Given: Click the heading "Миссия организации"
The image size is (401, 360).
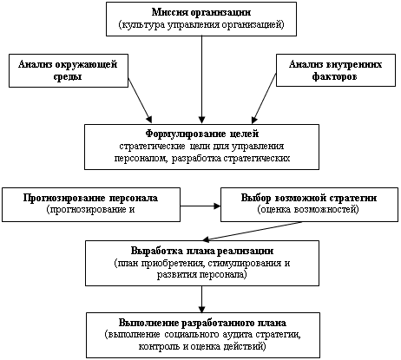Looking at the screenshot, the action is (201, 12).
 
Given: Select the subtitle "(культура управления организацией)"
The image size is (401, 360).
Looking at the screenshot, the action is (201, 24).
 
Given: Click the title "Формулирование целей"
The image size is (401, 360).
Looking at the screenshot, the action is (202, 134).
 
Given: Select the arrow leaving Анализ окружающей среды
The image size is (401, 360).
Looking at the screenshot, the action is (140, 101).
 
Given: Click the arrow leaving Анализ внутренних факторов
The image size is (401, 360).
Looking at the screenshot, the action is (264, 99).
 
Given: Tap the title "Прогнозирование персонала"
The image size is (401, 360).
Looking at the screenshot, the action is (90, 198).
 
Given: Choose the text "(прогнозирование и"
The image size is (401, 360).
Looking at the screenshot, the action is (90, 209).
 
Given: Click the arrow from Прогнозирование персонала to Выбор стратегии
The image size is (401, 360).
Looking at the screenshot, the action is (200, 206).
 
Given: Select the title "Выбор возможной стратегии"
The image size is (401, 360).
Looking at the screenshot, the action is (309, 198).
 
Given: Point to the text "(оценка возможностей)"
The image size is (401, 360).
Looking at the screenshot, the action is (308, 209).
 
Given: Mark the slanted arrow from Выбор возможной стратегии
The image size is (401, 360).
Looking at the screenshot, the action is (252, 231).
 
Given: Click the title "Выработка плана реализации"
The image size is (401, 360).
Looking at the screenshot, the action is (202, 251).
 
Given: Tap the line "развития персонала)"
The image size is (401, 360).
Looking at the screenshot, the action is (202, 274).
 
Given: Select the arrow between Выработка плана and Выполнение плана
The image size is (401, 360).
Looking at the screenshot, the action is (201, 299).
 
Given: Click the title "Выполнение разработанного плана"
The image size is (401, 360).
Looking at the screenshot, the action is (202, 323).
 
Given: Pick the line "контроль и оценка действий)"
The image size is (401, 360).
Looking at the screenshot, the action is (202, 346).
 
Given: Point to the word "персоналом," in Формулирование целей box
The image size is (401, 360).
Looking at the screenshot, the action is (141, 159).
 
